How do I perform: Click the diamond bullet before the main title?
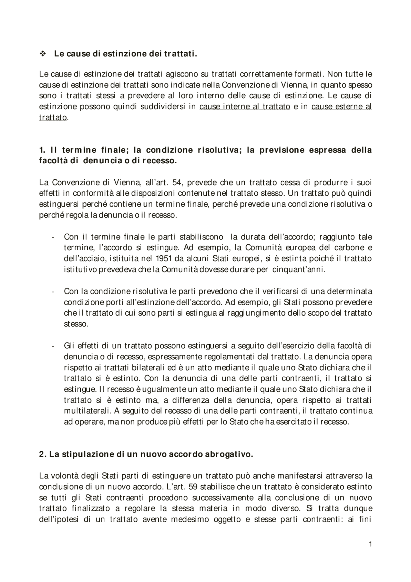pos(42,54)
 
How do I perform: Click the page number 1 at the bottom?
pos(370,544)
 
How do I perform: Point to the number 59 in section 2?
pos(193,487)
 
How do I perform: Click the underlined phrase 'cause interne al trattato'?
pos(245,107)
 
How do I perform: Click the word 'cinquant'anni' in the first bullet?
pos(299,270)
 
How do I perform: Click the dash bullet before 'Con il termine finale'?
pos(52,238)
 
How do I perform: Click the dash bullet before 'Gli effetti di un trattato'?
pos(52,346)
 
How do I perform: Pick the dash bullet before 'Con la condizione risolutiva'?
pos(52,292)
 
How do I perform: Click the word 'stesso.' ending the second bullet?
pos(76,324)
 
